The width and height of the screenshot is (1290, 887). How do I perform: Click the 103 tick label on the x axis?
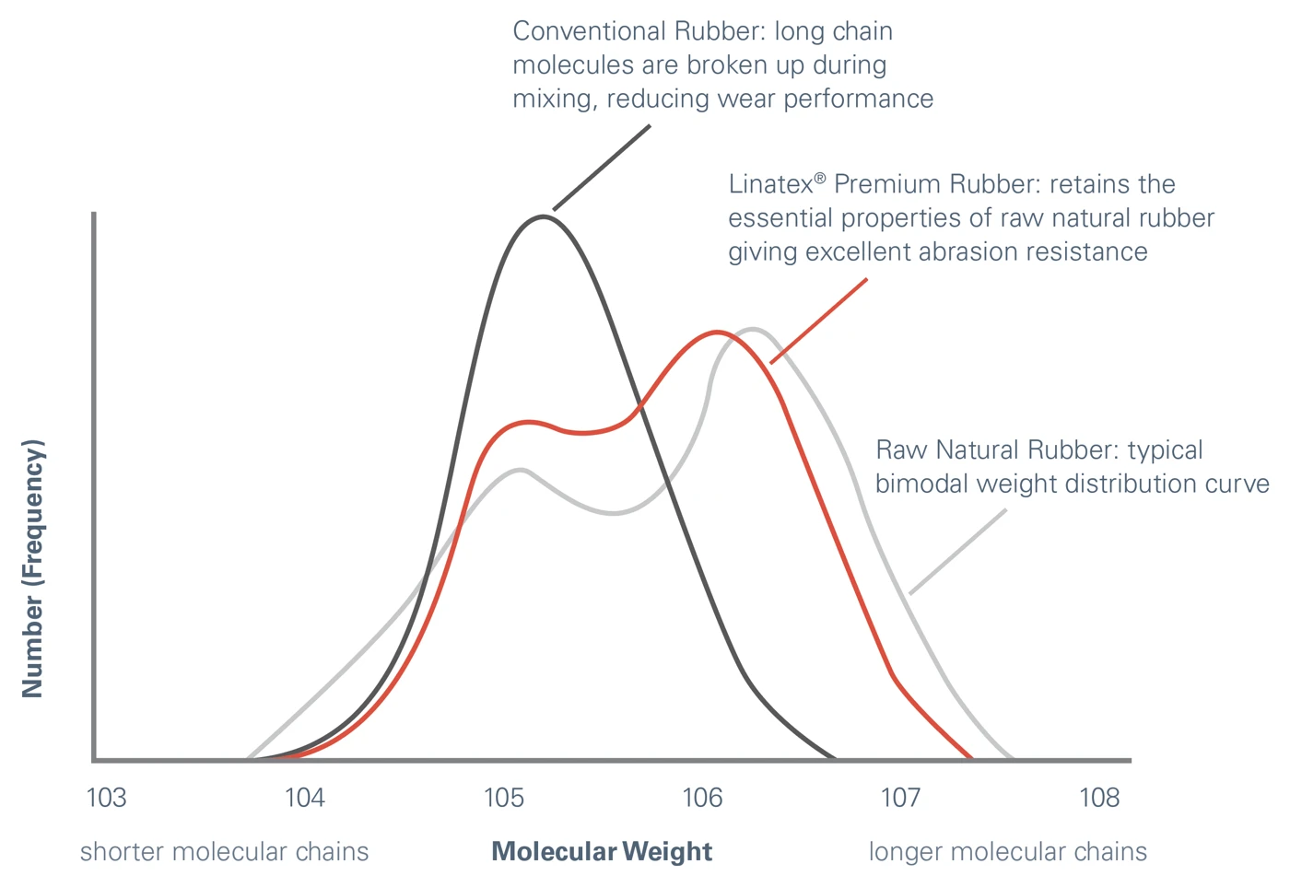click(x=106, y=798)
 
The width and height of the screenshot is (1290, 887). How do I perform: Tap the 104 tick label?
click(x=305, y=798)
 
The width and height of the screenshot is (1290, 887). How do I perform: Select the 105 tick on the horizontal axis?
click(x=504, y=798)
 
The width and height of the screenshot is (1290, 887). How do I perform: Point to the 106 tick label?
click(x=702, y=798)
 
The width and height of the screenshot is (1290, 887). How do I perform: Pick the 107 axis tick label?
click(x=900, y=798)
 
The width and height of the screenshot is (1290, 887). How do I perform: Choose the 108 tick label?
click(x=1099, y=798)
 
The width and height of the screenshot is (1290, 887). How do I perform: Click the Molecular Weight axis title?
click(x=602, y=852)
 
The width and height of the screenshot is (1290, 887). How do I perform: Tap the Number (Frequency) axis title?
click(x=33, y=568)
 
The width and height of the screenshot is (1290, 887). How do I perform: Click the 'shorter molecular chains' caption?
click(x=224, y=852)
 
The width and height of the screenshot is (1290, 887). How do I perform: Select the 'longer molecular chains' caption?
click(x=1008, y=852)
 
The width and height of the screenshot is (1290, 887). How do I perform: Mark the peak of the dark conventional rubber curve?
click(x=545, y=216)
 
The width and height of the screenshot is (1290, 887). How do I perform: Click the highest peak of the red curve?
click(x=717, y=332)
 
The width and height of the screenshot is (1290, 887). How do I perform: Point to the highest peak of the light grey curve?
click(x=753, y=329)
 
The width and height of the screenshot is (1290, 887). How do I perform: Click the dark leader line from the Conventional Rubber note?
click(x=602, y=168)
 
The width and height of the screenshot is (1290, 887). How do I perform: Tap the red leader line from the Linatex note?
click(x=819, y=321)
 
